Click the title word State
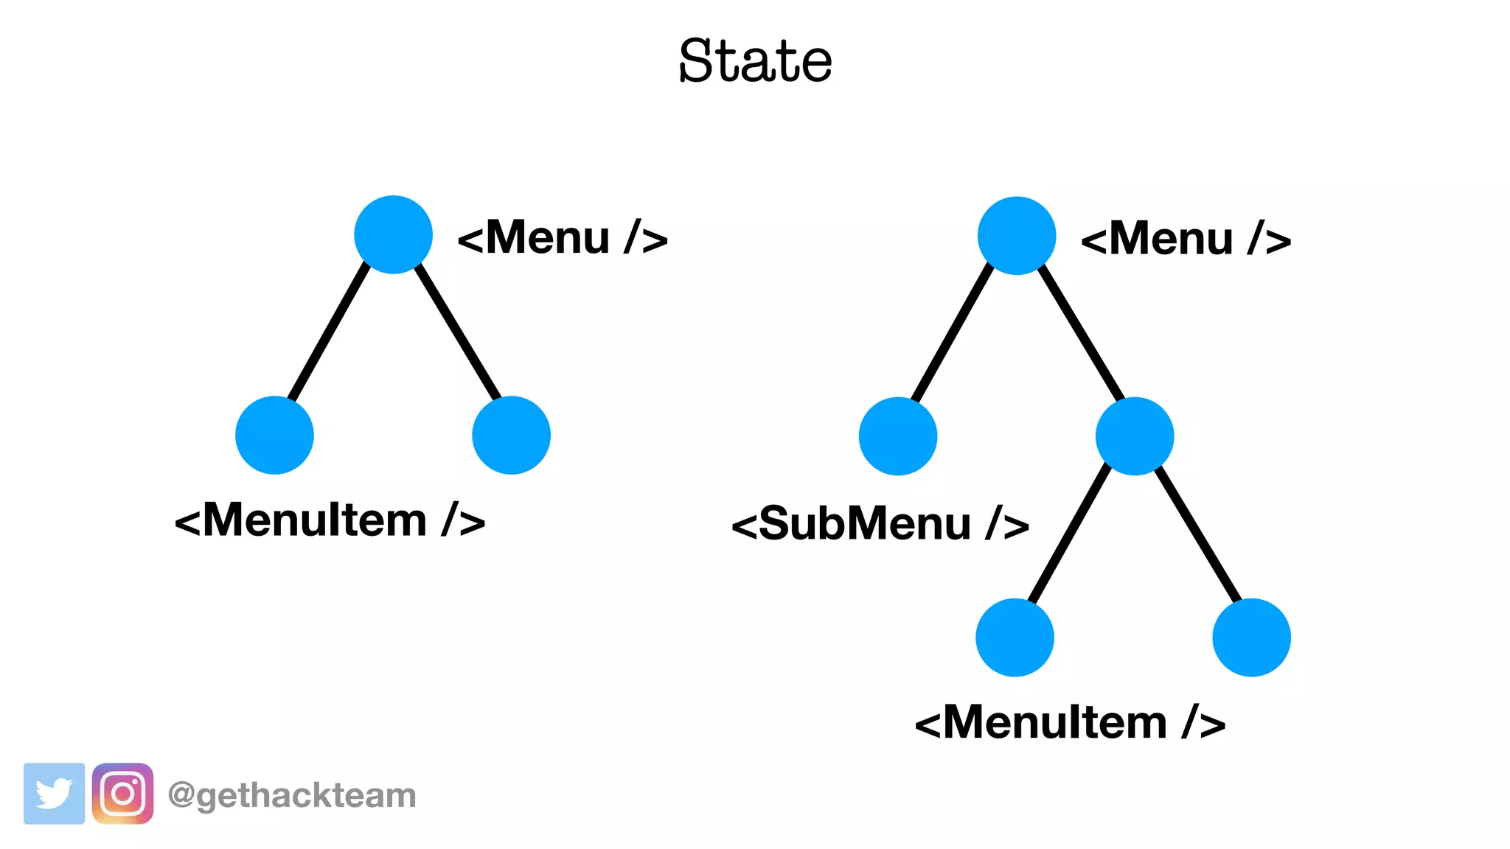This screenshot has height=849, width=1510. coord(755,60)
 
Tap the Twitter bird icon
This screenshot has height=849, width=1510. coord(54,794)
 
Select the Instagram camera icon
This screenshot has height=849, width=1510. coord(122,794)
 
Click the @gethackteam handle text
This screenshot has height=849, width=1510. coord(292,795)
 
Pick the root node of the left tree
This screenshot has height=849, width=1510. coord(393,234)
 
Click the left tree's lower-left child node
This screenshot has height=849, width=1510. coord(274,435)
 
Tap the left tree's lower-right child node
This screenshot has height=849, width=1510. coord(511,435)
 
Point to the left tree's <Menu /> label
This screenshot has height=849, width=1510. coord(563,238)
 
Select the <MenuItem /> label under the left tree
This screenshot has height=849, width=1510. coord(330,520)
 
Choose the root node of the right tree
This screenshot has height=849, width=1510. coord(1017,236)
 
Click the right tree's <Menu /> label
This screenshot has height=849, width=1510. coord(1186,240)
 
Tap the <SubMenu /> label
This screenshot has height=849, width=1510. coord(880,524)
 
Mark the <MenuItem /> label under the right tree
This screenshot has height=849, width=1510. coord(1070,722)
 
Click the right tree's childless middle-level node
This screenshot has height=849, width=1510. coord(898,436)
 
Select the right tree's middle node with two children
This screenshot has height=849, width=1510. coord(1135,436)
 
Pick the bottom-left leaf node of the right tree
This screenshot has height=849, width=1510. coord(1015,637)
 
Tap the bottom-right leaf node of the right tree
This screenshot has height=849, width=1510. coord(1251,637)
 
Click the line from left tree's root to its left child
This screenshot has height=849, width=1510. coord(330,333)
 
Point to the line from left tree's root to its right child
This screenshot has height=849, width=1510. coord(457,333)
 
